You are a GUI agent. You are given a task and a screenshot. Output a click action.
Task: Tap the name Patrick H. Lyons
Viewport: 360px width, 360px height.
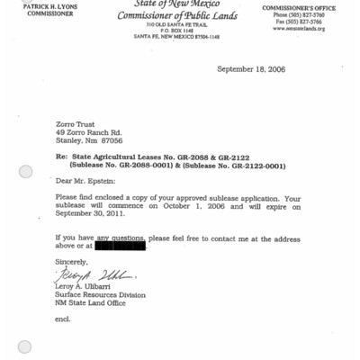[x=50, y=6]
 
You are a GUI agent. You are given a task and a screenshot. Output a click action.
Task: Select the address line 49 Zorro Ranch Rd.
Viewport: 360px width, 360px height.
[x=89, y=132]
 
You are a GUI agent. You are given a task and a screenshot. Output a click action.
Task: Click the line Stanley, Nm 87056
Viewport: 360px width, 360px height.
[x=89, y=140]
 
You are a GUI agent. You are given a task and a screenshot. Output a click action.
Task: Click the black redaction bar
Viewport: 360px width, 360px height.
[x=119, y=246]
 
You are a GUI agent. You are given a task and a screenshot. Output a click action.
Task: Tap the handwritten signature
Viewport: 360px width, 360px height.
[x=93, y=274]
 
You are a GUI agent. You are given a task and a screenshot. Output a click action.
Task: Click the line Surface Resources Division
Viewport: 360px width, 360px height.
[x=100, y=294]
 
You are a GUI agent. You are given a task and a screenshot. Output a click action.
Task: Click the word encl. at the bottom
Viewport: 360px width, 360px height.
[x=62, y=319]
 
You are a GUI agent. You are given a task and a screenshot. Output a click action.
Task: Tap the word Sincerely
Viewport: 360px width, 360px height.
[x=72, y=261]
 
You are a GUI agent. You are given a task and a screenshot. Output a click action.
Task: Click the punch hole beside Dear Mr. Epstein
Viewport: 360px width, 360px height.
[x=25, y=172]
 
